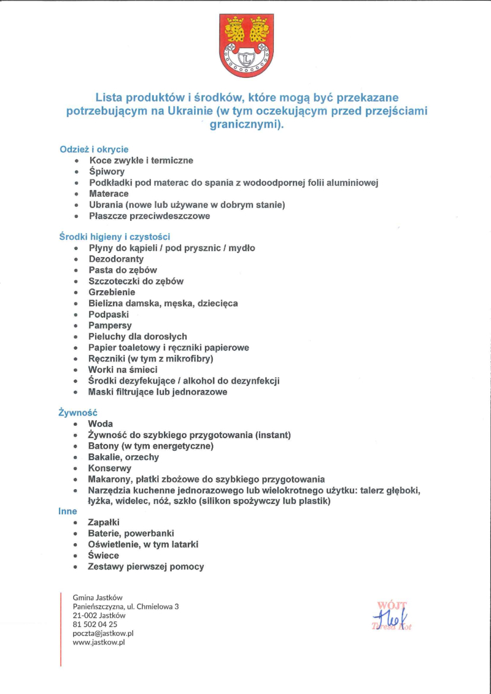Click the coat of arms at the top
tap(247, 45)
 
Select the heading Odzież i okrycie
tap(94, 149)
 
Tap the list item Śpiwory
tap(107, 172)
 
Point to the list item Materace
tap(109, 194)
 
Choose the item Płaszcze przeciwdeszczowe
tap(149, 216)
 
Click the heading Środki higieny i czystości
tap(115, 236)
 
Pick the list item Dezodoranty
tap(116, 259)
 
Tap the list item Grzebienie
tap(112, 292)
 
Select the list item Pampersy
tap(110, 325)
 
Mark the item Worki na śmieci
tap(123, 369)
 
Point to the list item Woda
tap(101, 424)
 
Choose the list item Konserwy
tap(110, 468)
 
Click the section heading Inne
tap(68, 511)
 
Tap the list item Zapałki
tap(104, 522)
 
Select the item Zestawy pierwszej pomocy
tap(146, 566)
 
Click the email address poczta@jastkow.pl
tap(103, 633)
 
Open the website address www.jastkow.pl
tap(99, 642)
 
